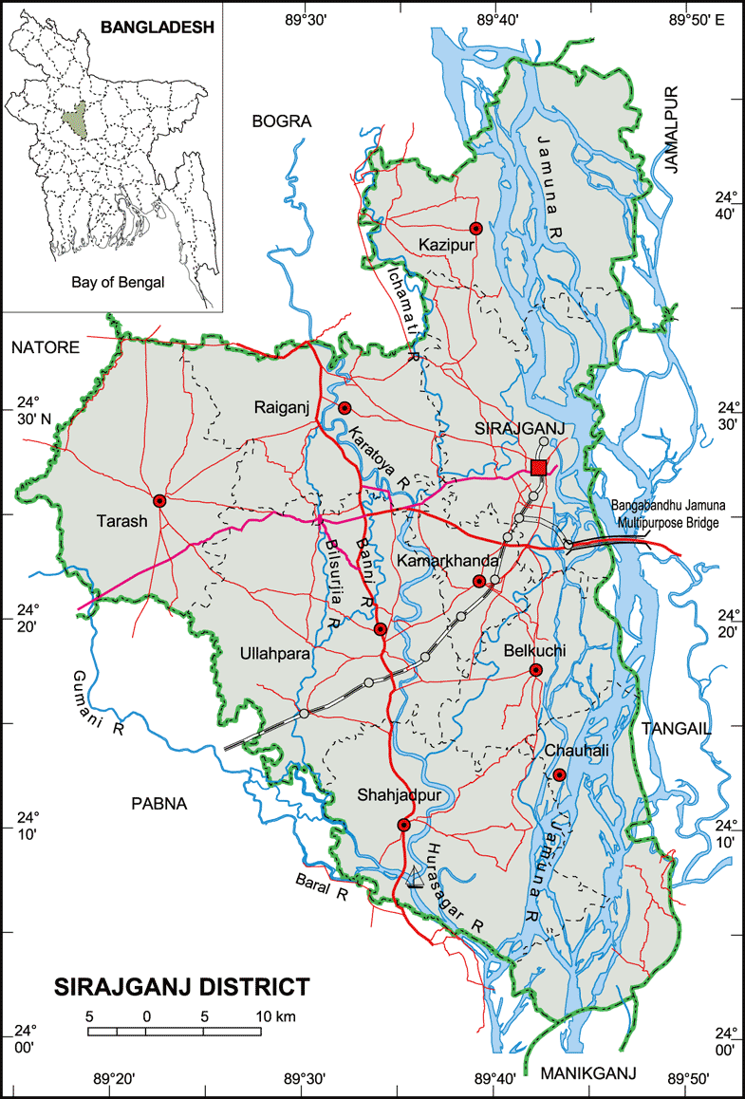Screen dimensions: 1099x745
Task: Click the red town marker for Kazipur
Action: click(x=476, y=228)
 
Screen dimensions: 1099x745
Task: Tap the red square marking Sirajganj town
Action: click(x=539, y=466)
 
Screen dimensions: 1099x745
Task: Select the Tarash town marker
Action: click(x=159, y=500)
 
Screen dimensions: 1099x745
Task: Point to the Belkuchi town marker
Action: click(x=535, y=670)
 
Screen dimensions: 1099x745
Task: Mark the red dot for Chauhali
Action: click(x=560, y=774)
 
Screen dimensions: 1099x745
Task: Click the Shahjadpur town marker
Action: click(x=404, y=824)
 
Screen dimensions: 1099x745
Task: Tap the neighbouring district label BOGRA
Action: click(x=282, y=121)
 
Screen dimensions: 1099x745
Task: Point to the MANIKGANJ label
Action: click(x=588, y=1072)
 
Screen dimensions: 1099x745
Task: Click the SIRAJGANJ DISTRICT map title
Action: click(x=180, y=986)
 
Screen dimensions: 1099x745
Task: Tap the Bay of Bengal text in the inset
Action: click(x=118, y=282)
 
